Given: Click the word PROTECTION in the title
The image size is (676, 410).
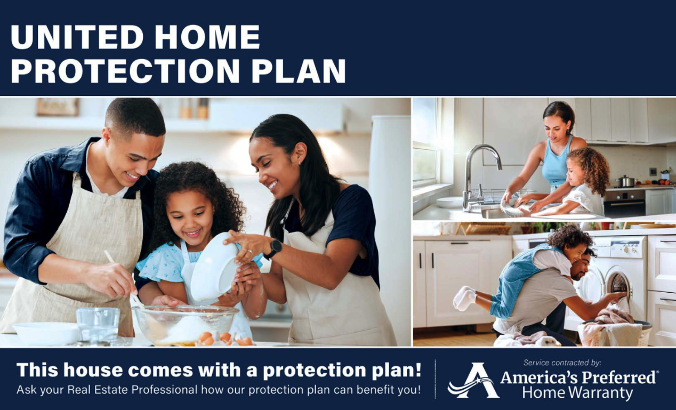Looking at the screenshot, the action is (x=125, y=71).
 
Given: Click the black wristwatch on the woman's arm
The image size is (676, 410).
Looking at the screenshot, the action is (x=273, y=249).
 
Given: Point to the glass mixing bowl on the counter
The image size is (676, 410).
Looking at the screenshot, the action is (x=186, y=325).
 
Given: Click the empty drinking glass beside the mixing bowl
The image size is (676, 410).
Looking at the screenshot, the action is (x=98, y=325).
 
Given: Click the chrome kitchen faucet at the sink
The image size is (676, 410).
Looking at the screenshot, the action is (x=480, y=175).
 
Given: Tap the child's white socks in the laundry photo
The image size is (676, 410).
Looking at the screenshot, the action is (x=464, y=298).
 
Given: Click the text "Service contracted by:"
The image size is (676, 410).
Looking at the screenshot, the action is (x=562, y=363).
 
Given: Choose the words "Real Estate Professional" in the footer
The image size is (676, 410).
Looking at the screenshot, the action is (x=132, y=390).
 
